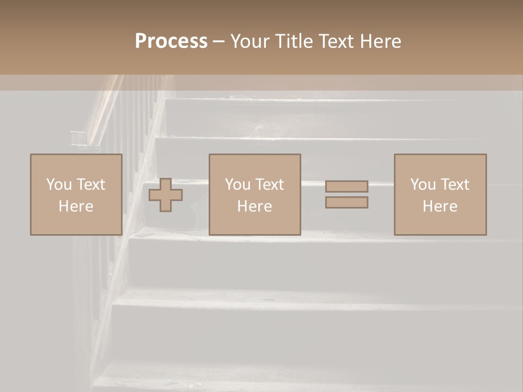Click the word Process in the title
click(x=171, y=41)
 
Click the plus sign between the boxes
click(x=166, y=195)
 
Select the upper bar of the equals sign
click(x=346, y=186)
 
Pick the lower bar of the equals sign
click(x=346, y=202)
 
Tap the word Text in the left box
click(x=91, y=185)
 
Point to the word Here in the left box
click(x=76, y=206)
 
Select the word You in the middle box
click(x=238, y=185)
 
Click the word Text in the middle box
click(x=270, y=185)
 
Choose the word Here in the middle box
click(x=254, y=206)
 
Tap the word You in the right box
click(x=423, y=185)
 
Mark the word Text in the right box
click(x=455, y=185)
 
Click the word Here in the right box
click(x=440, y=206)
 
